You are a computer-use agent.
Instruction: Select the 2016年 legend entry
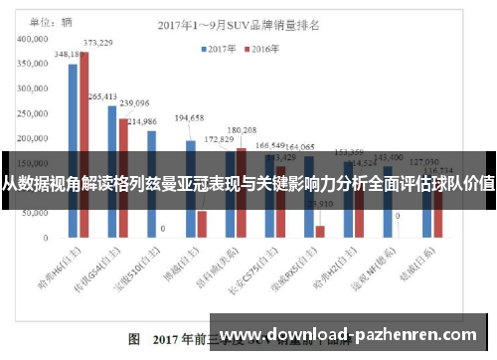point(260,47)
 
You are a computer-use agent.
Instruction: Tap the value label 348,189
point(70,55)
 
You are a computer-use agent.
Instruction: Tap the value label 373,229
point(96,43)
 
